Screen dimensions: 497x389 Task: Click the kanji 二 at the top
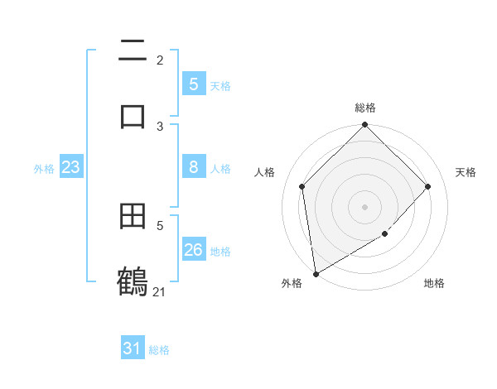133,50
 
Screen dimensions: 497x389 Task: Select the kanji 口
133,115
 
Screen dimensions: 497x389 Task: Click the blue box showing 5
193,84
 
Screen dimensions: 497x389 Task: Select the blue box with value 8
193,167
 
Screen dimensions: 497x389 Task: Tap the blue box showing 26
193,250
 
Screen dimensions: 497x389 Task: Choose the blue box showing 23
70,167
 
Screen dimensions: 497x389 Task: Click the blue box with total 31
133,348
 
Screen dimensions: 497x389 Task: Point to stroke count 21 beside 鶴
159,291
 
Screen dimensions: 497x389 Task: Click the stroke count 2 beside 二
160,60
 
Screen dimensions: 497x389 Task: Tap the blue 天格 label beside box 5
220,85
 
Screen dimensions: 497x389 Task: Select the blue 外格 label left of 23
44,169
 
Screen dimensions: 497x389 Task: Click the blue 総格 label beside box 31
159,350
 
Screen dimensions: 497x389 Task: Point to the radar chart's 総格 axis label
365,108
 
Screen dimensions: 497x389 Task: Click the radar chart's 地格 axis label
434,283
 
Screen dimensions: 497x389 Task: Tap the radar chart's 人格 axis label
265,172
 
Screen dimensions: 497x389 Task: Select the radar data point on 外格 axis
316,273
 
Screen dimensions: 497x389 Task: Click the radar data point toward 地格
385,234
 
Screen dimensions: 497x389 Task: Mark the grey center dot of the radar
365,206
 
